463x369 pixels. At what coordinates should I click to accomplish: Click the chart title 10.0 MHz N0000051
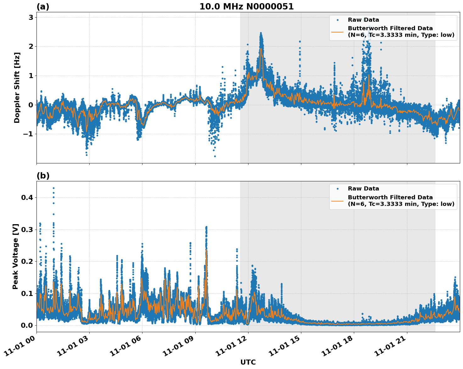click(x=246, y=7)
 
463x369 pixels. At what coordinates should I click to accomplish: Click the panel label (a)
click(x=43, y=7)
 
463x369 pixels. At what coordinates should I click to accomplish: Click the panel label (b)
click(x=43, y=176)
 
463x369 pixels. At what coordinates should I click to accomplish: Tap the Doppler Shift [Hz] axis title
click(x=17, y=88)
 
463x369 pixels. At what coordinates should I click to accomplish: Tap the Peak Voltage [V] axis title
click(x=16, y=256)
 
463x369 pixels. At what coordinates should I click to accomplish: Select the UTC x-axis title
click(x=248, y=362)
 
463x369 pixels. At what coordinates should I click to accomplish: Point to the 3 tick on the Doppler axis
click(x=31, y=17)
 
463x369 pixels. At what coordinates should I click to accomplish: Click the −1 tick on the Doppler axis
click(x=28, y=134)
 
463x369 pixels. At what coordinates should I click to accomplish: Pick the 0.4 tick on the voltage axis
click(x=27, y=198)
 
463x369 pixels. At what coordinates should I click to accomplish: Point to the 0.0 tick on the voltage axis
click(x=27, y=325)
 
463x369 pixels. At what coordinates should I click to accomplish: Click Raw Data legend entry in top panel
click(x=363, y=20)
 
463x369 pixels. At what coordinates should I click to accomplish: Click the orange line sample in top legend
click(x=337, y=31)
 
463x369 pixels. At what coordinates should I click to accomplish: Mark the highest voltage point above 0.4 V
click(x=53, y=188)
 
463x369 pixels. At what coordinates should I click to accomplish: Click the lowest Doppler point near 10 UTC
click(x=215, y=156)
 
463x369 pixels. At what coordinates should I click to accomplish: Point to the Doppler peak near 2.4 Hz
click(x=261, y=33)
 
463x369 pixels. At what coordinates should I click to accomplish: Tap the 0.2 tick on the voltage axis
click(x=27, y=261)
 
